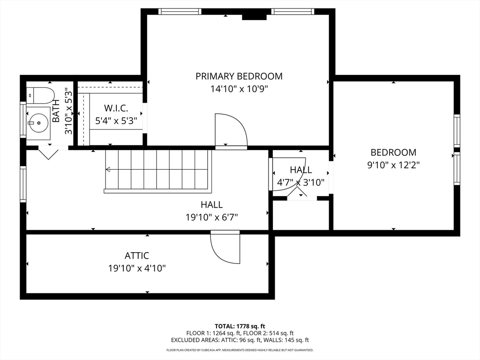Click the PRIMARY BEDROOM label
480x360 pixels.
click(x=239, y=76)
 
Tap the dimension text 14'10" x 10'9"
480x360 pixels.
click(x=239, y=89)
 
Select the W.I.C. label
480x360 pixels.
click(x=116, y=108)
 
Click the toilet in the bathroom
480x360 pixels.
click(x=40, y=95)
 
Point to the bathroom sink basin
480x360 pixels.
click(x=38, y=123)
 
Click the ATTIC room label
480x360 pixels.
click(x=136, y=255)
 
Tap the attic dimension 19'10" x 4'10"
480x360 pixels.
click(x=137, y=269)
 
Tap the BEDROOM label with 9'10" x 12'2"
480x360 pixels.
click(x=393, y=152)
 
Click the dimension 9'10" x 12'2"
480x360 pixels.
click(x=393, y=165)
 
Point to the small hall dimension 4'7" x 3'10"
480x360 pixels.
click(x=300, y=183)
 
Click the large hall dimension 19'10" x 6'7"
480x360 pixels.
click(x=211, y=217)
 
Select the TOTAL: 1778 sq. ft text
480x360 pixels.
click(x=240, y=326)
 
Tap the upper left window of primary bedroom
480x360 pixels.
click(x=180, y=12)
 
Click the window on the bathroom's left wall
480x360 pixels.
click(x=23, y=119)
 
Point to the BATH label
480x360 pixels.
click(x=56, y=111)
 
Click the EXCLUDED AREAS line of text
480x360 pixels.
click(x=240, y=340)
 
